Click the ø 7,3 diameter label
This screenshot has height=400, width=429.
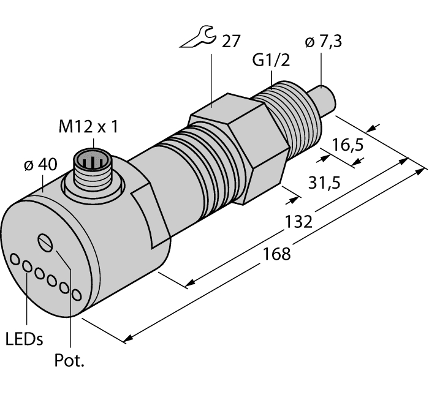click(x=324, y=44)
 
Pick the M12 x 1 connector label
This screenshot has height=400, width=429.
click(x=88, y=127)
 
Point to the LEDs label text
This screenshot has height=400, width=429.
click(x=24, y=339)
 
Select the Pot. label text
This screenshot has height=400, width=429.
click(x=69, y=361)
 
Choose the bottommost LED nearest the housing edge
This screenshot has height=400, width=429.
click(x=76, y=295)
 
